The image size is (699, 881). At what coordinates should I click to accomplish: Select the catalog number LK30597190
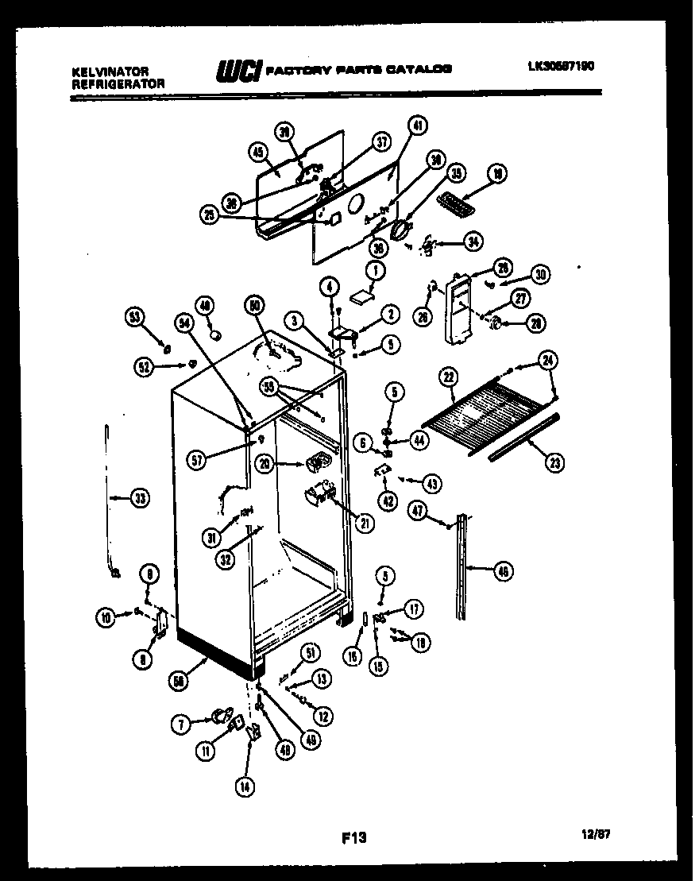(x=561, y=68)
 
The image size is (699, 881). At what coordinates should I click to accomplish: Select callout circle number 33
(x=140, y=499)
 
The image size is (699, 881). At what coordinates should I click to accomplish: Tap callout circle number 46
(x=503, y=570)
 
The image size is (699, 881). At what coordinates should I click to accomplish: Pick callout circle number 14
(x=247, y=787)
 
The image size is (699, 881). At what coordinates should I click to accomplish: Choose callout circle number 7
(x=182, y=724)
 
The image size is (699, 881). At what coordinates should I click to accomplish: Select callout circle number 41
(x=418, y=125)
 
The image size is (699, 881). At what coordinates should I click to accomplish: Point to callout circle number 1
(x=374, y=270)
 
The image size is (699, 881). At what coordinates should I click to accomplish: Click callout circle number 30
(x=541, y=276)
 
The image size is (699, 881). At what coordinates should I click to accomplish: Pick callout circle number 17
(x=414, y=609)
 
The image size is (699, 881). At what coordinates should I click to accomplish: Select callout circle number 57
(x=198, y=458)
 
